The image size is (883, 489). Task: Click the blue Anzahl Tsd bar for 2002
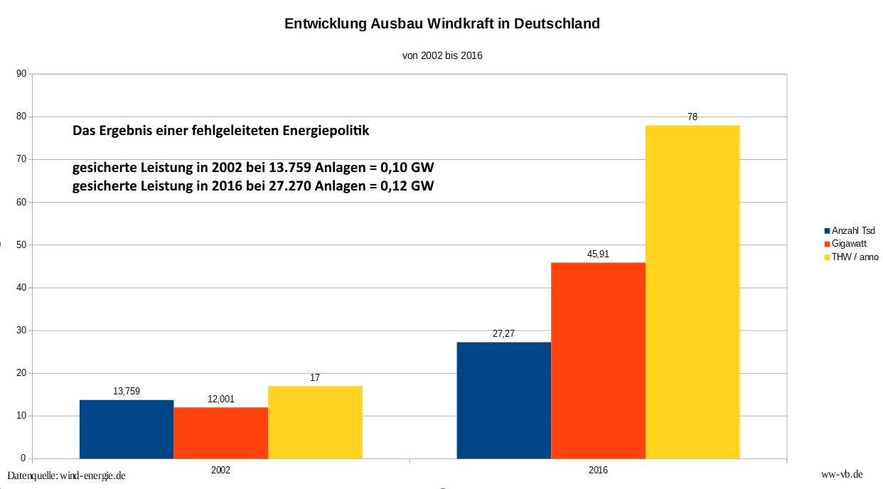point(127,429)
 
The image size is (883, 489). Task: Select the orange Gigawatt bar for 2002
point(221,433)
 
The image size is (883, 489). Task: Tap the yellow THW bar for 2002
point(315,422)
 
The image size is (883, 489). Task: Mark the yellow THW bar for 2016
point(692,291)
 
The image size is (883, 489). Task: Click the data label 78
point(692,117)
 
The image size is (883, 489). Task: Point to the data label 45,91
point(598,254)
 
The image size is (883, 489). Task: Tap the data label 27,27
point(503,333)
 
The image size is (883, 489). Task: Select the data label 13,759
point(127,391)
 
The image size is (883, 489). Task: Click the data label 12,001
point(221,399)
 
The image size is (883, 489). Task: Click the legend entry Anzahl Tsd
point(853,230)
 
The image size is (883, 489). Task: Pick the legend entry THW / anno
point(855,257)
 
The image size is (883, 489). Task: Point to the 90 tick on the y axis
point(21,73)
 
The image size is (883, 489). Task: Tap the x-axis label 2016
point(598,471)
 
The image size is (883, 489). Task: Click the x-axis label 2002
point(221,471)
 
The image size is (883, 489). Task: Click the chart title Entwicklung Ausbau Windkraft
point(442,23)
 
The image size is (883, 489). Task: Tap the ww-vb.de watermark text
point(842,474)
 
